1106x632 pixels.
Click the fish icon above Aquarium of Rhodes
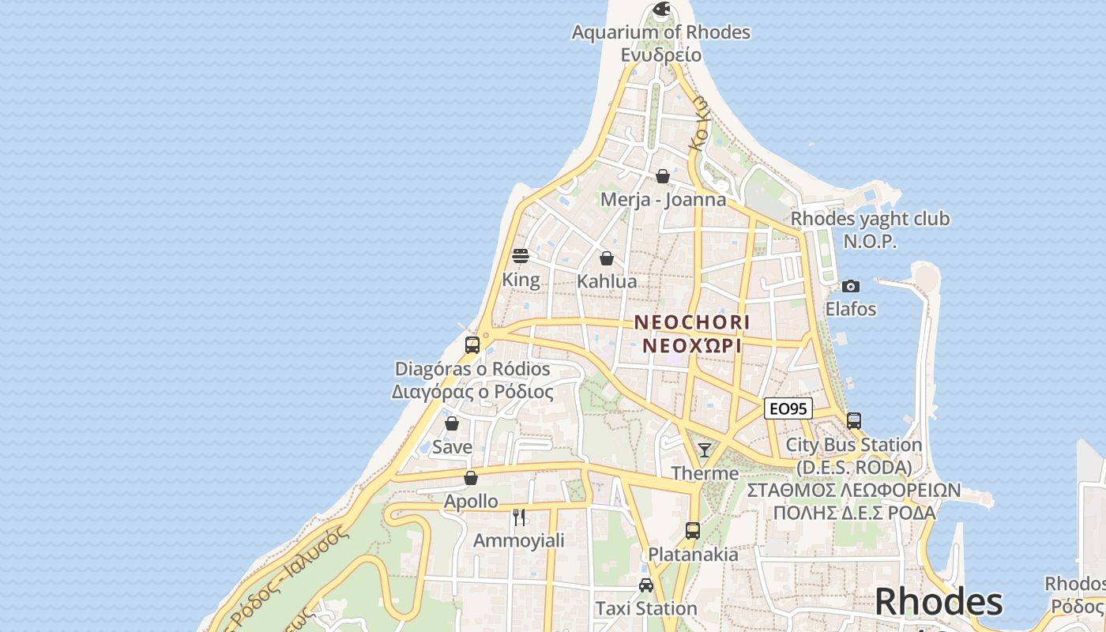click(x=661, y=9)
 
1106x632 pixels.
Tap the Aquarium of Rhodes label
click(x=660, y=33)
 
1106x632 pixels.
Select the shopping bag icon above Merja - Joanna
click(x=663, y=176)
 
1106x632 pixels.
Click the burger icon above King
click(x=520, y=256)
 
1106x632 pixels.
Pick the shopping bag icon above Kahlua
click(x=607, y=258)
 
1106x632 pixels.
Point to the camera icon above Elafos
click(x=851, y=286)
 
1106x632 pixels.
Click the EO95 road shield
click(x=788, y=408)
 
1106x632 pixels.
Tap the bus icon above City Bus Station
click(x=854, y=421)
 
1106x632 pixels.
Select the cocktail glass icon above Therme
click(x=705, y=450)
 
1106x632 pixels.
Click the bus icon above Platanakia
click(x=693, y=531)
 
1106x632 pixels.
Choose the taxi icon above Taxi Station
click(x=646, y=585)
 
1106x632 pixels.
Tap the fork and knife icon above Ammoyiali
click(x=519, y=517)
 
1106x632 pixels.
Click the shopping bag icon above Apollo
click(x=471, y=478)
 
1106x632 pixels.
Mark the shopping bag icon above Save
click(x=452, y=423)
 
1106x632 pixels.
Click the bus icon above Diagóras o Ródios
click(x=472, y=345)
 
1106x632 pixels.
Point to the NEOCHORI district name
click(x=692, y=322)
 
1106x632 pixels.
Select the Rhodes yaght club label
click(x=870, y=219)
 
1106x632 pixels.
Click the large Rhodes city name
click(x=939, y=602)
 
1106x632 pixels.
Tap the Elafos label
click(x=851, y=309)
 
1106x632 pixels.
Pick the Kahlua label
click(x=607, y=282)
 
